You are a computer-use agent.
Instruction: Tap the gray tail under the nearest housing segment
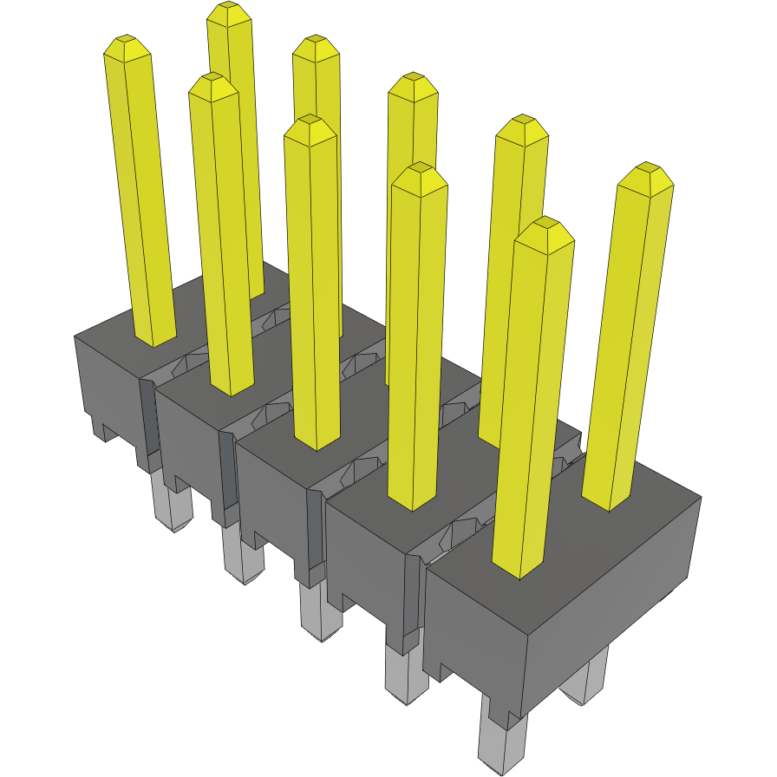pos(501,746)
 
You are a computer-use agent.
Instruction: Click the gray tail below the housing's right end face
pos(588,681)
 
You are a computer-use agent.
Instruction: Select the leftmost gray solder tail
pos(173,507)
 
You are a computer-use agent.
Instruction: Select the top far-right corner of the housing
pos(699,497)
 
